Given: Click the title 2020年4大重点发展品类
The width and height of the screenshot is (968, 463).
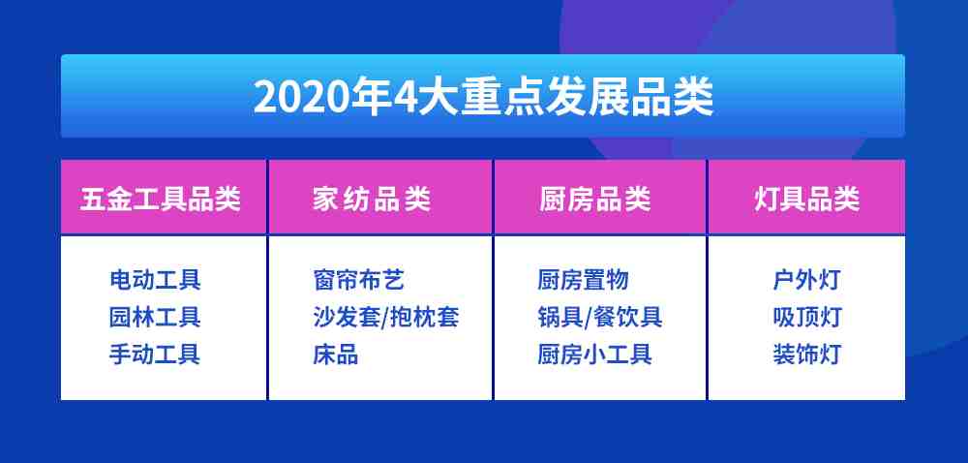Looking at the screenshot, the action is tap(483, 96).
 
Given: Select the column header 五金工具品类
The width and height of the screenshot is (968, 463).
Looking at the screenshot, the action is tap(161, 200).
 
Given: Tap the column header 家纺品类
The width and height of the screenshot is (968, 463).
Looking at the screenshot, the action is tap(371, 200).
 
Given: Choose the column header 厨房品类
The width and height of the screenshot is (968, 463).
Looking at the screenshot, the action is tap(595, 200).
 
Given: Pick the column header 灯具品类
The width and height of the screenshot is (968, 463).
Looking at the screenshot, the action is tap(807, 200).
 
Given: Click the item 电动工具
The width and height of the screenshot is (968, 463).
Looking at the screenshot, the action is tap(155, 280).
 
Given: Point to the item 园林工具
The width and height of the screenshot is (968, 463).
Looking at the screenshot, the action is tap(155, 318).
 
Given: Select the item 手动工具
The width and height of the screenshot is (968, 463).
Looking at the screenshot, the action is tap(155, 355).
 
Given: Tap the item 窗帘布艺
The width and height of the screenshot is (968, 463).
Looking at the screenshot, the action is tap(359, 280).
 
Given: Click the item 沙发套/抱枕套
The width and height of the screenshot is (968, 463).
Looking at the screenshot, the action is tap(386, 318).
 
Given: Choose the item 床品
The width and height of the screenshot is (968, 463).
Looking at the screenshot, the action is tap(336, 355).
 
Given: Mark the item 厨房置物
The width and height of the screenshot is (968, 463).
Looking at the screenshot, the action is tap(583, 280).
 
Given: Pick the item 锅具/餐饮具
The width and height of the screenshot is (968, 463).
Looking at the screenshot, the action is tap(599, 318).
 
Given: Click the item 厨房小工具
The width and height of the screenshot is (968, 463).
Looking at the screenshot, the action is tap(594, 355).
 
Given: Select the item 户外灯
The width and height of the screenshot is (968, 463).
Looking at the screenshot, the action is tap(807, 280).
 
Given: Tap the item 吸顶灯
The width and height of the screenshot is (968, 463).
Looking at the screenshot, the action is tap(807, 318).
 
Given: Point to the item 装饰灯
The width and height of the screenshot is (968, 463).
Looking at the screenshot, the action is tap(807, 355).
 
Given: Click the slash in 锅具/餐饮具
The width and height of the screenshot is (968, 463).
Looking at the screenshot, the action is tap(589, 319).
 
